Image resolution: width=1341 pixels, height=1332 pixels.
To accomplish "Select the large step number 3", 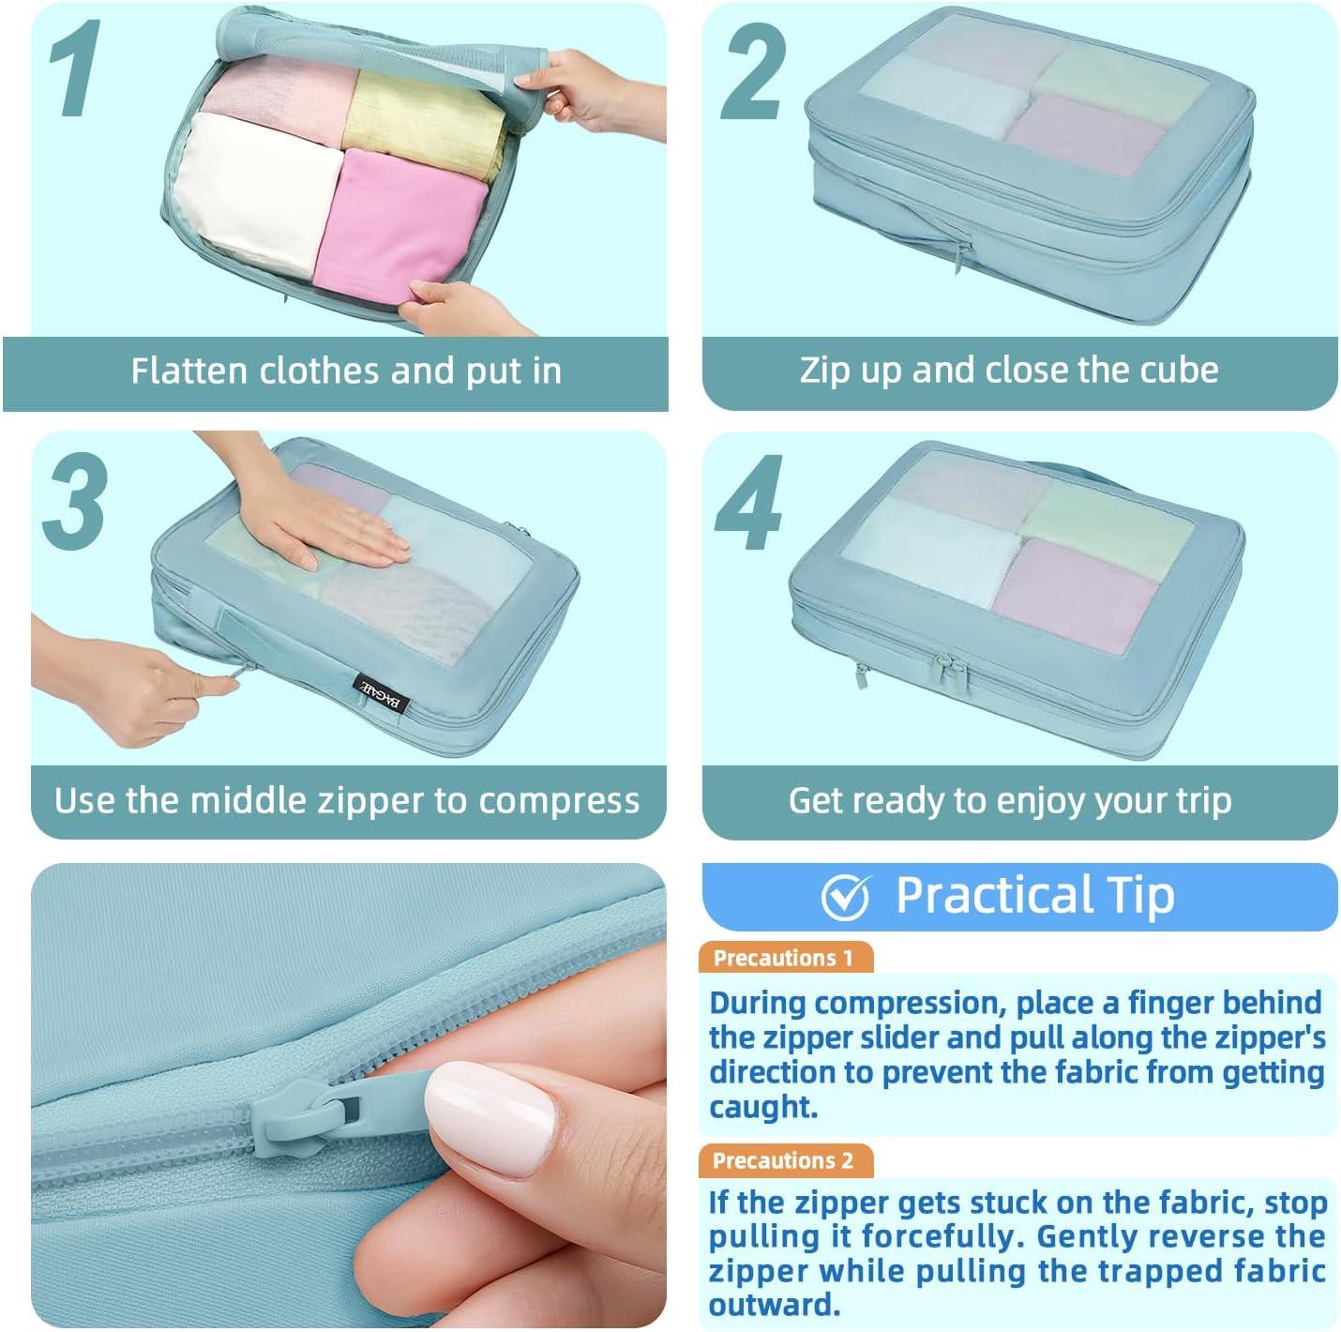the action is point(75,501).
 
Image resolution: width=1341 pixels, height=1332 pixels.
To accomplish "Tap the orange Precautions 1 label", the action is point(784,958).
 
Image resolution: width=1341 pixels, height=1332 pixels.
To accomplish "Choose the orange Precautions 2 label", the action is point(784,1160).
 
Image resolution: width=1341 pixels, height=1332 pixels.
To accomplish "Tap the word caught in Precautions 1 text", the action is point(763,1107).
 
